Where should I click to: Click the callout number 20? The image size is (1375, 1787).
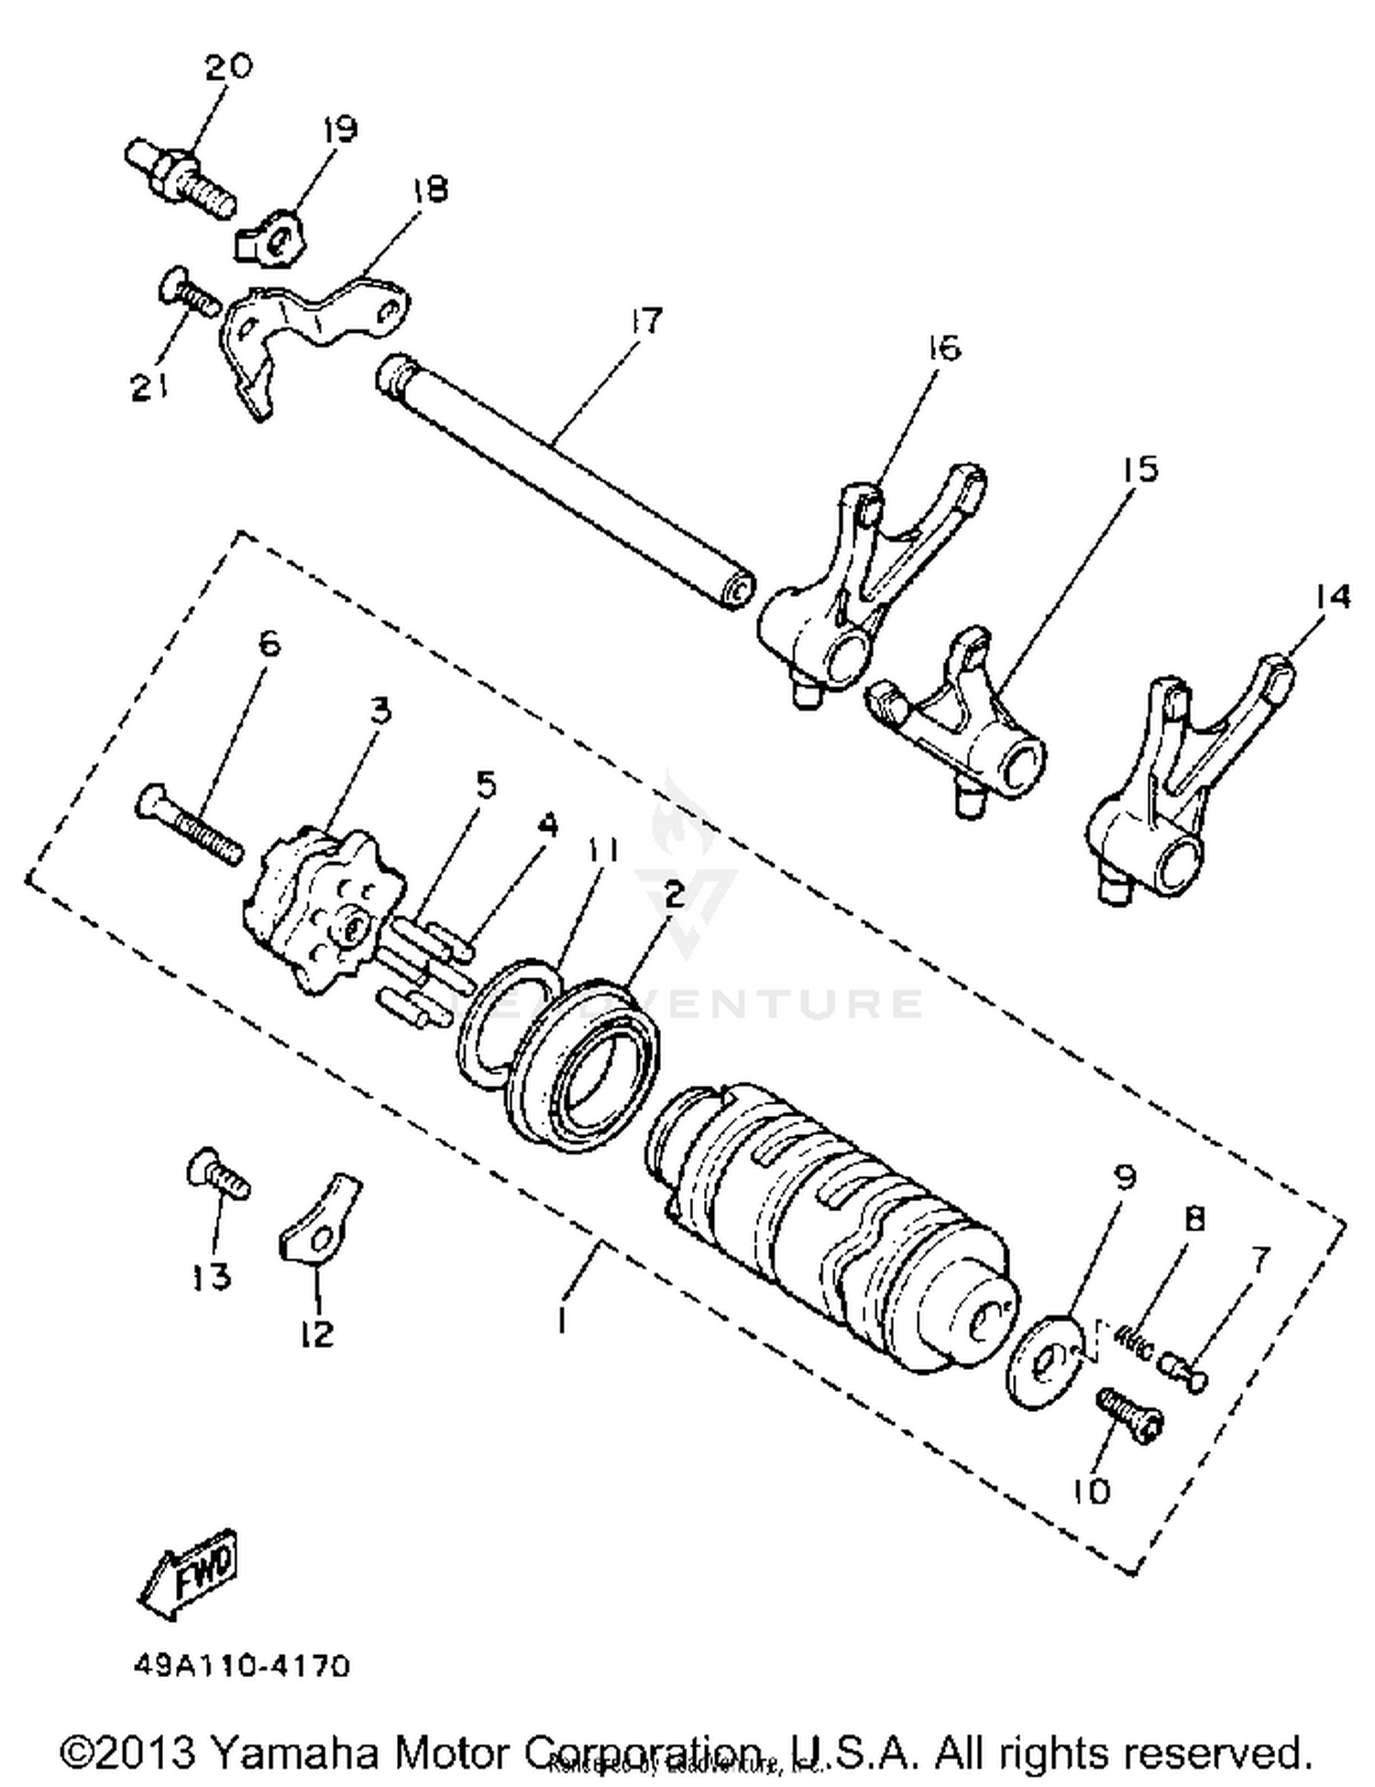227,67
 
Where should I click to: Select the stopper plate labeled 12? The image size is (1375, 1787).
316,1224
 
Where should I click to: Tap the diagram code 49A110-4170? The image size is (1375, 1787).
240,1665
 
